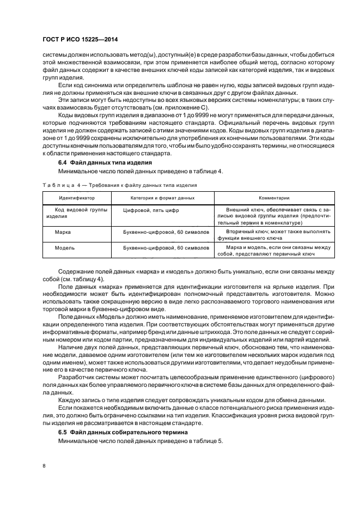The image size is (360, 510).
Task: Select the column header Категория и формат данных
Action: [x=162, y=198]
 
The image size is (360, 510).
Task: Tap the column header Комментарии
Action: [x=274, y=198]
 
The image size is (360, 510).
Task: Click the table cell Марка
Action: [x=63, y=232]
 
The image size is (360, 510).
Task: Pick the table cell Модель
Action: [x=64, y=247]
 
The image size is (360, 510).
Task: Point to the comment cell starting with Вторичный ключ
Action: [x=274, y=235]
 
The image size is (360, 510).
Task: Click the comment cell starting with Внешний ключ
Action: [x=274, y=216]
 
